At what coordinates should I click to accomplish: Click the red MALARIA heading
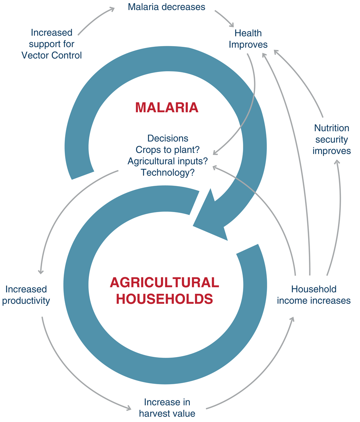167,108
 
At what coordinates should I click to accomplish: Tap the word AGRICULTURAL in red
165,283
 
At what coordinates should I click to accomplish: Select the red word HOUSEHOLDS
165,299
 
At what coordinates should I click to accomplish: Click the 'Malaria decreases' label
167,7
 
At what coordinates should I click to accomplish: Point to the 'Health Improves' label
248,39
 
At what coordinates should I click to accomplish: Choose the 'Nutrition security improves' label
332,139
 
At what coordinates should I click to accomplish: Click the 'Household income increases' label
314,295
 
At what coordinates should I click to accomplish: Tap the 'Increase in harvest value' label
167,408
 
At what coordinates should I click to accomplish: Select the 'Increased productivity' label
26,295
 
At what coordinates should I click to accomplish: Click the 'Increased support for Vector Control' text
51,44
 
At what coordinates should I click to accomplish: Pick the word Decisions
168,138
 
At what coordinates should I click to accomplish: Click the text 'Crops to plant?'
167,150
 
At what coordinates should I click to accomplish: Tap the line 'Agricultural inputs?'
168,161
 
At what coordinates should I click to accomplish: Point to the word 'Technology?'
168,172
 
